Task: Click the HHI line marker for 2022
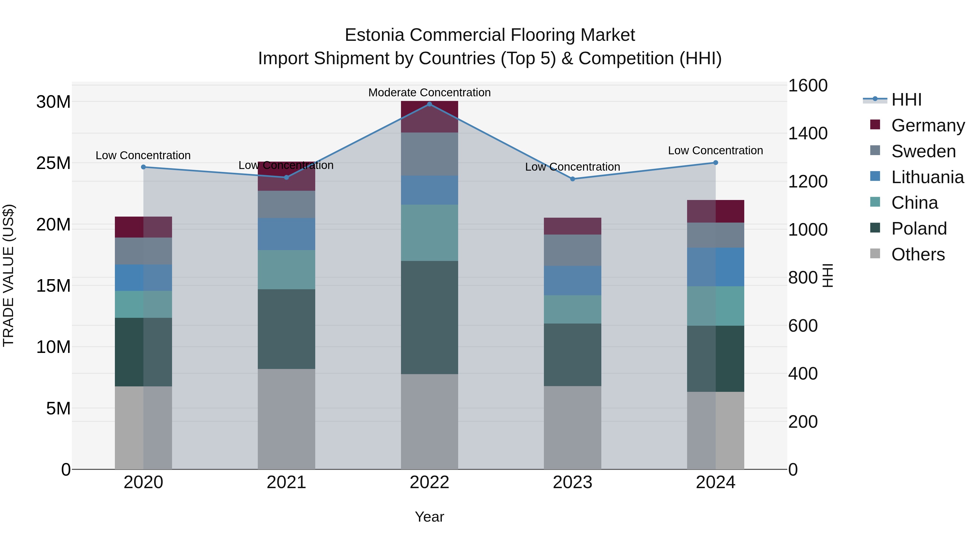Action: (430, 104)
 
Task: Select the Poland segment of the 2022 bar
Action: (430, 318)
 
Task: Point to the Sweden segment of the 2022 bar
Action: (430, 154)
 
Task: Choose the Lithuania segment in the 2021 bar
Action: (286, 234)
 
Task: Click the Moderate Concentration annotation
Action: (430, 93)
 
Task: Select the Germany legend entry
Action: (927, 125)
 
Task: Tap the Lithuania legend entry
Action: (927, 177)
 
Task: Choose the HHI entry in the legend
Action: (906, 100)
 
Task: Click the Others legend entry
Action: (918, 254)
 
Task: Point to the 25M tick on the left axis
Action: (53, 163)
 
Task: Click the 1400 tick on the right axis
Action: (807, 134)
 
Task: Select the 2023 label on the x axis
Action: (572, 482)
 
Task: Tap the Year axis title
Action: (430, 517)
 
